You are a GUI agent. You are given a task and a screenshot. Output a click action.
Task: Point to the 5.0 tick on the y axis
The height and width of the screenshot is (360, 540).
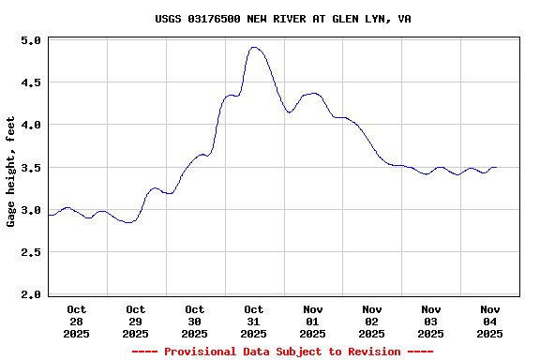30,41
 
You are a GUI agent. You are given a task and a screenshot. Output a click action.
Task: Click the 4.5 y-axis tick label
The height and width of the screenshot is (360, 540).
30,82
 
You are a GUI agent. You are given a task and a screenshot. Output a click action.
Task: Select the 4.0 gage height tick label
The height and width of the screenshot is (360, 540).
30,125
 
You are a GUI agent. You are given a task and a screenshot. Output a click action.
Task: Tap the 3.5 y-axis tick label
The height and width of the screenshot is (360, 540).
30,168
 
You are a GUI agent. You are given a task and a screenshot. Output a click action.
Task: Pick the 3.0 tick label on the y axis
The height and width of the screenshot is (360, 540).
30,210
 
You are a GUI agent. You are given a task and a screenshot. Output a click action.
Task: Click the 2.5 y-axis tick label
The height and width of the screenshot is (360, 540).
30,252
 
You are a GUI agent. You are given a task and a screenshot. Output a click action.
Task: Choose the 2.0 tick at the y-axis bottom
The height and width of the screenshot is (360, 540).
30,294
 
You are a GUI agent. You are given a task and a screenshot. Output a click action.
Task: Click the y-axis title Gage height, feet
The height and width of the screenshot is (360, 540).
11,172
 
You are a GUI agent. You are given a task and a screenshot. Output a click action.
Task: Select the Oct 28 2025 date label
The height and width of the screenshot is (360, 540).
77,321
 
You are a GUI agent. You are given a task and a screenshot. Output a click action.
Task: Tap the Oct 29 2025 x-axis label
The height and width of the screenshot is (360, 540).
136,321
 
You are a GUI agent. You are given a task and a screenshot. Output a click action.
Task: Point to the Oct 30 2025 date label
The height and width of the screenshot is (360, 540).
195,321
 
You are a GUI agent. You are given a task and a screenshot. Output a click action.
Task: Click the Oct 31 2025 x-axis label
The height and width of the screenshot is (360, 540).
254,321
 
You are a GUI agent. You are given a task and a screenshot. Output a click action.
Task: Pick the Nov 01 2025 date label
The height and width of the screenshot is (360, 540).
313,321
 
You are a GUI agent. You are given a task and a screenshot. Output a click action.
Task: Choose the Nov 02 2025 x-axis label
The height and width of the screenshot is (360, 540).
372,321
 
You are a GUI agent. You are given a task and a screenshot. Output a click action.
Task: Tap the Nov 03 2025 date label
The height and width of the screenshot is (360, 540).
431,321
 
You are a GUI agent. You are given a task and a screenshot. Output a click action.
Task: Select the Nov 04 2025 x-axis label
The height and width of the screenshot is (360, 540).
490,321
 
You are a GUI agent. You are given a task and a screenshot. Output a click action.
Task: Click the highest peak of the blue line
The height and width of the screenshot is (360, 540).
254,47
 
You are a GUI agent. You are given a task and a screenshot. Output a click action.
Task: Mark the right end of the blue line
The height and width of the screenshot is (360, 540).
496,168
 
